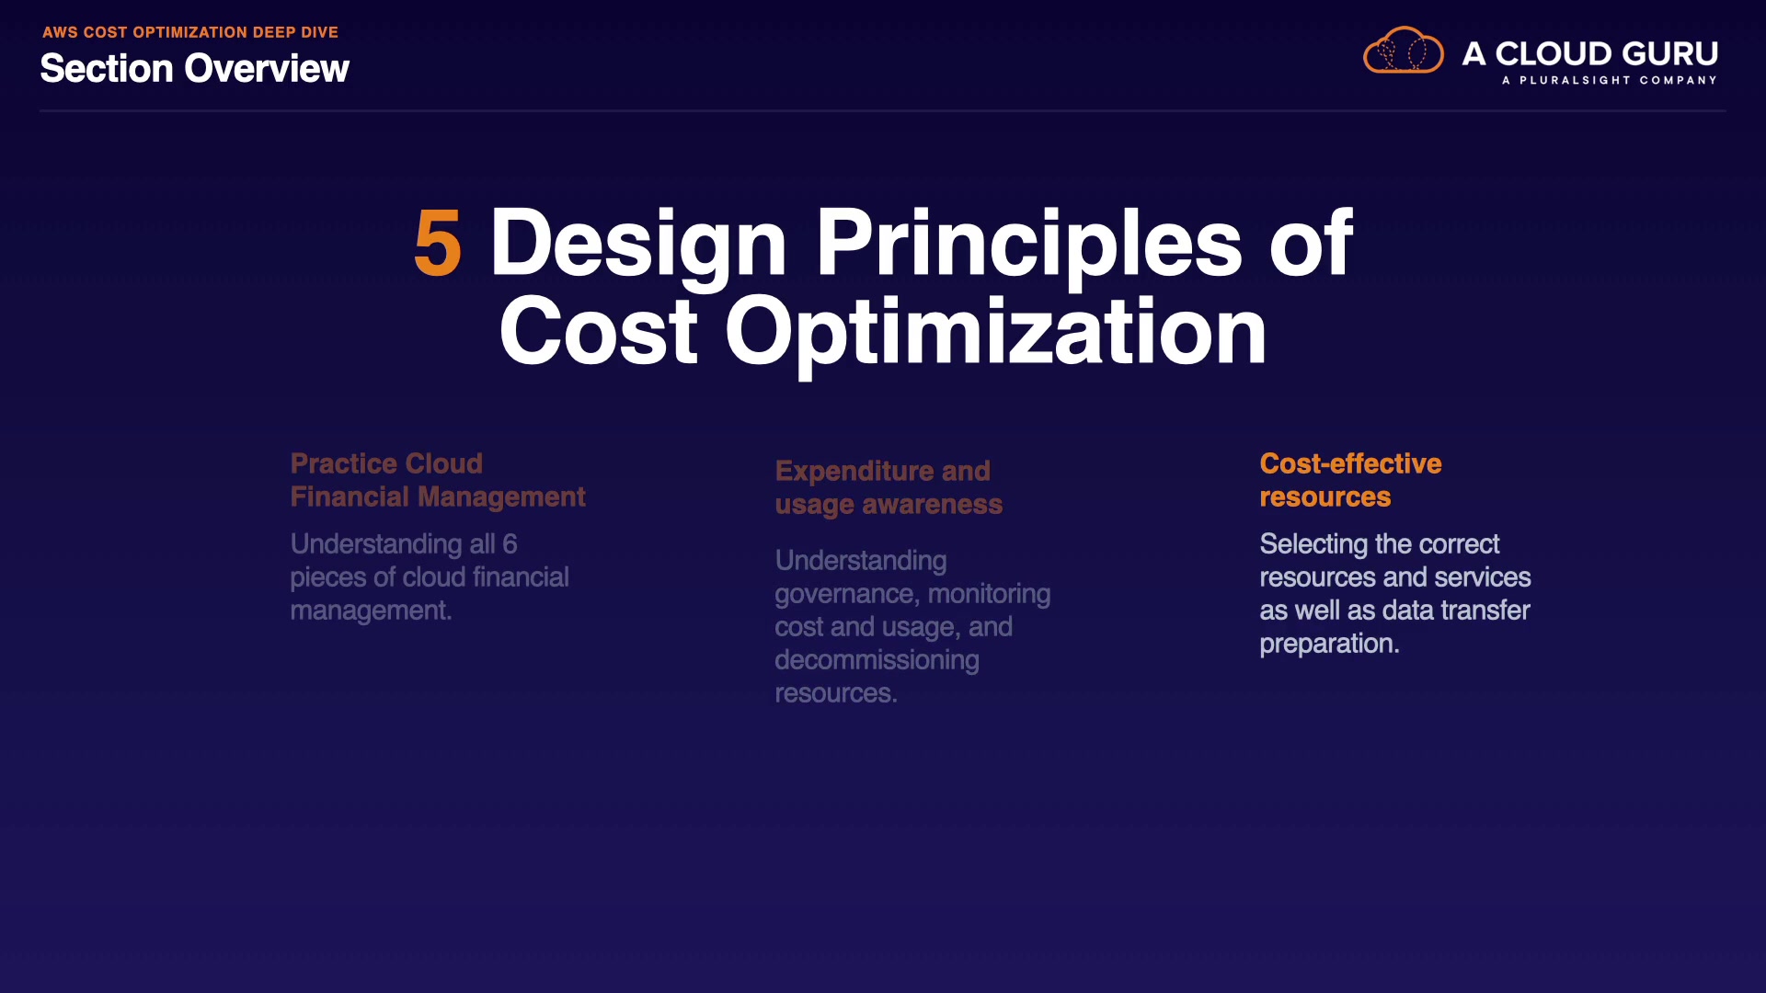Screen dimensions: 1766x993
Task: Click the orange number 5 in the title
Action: pos(438,243)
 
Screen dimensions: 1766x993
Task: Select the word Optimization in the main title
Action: pos(996,333)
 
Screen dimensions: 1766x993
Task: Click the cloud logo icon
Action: pos(1404,50)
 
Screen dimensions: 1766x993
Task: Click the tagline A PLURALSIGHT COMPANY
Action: pos(1610,80)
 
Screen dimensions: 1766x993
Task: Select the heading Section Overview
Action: pos(195,69)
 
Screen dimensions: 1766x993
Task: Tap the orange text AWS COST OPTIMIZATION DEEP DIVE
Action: pos(190,32)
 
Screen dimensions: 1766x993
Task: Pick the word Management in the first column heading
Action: pos(501,497)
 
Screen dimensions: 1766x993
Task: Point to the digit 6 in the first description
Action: pos(510,544)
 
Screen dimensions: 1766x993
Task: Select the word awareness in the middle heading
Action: pos(932,505)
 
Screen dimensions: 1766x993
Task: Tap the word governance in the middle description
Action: pos(847,595)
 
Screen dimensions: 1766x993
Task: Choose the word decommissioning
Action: pos(877,660)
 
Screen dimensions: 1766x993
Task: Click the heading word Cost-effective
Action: pos(1350,463)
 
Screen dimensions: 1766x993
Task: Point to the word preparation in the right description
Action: pos(1329,645)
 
